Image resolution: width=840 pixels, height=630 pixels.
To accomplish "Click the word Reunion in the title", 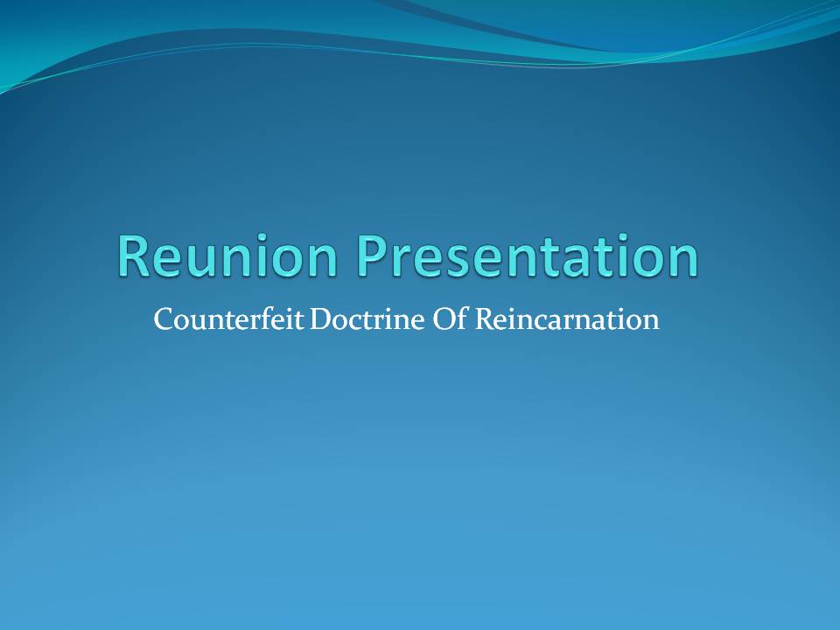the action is click(227, 255).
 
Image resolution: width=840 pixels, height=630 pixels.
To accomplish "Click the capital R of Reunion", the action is click(132, 255).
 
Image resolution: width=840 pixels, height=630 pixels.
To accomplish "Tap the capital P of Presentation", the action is click(372, 255).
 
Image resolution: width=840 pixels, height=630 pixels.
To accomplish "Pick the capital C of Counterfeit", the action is click(163, 319).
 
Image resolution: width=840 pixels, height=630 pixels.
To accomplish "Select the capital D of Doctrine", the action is click(321, 319).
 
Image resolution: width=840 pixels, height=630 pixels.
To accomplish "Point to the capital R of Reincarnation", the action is click(486, 319).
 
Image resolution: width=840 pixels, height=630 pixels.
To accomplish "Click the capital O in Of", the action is click(444, 319).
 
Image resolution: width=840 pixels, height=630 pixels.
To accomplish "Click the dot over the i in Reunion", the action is click(262, 237).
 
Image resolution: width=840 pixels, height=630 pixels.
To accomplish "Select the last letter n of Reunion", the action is click(324, 262).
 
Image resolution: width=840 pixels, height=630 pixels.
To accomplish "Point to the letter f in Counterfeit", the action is click(278, 318).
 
